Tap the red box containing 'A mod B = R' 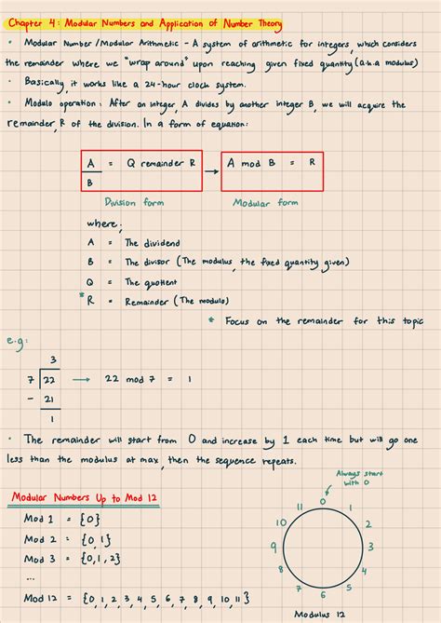tap(274, 169)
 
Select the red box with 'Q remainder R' tap(140, 169)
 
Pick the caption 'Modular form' tap(264, 202)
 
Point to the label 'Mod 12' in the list tap(42, 598)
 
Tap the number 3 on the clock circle tap(370, 548)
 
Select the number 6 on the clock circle tap(322, 594)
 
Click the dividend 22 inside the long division tap(52, 379)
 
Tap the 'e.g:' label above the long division tap(16, 342)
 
